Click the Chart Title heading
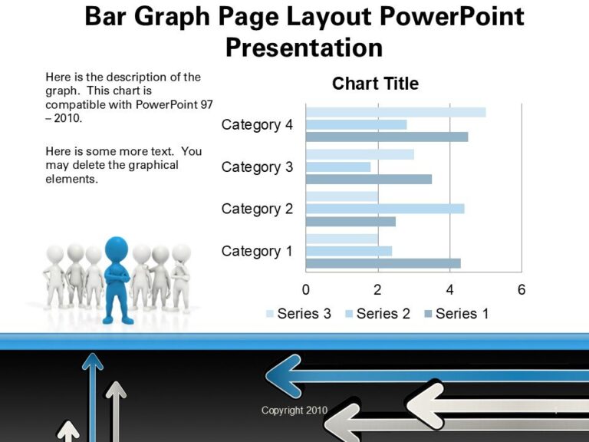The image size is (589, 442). (375, 84)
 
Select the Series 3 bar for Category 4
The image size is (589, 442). (395, 112)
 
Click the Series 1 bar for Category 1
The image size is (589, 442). (383, 263)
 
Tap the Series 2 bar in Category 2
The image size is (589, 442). (384, 209)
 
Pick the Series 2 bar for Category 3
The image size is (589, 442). (337, 167)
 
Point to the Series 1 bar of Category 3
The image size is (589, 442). (368, 179)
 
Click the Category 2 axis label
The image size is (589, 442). (257, 209)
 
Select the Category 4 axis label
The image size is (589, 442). (257, 125)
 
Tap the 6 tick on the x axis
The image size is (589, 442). (522, 290)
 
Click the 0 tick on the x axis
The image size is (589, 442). (306, 290)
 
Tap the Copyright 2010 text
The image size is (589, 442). (294, 411)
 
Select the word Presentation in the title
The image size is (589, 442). (304, 48)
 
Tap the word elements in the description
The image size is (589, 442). (72, 179)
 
